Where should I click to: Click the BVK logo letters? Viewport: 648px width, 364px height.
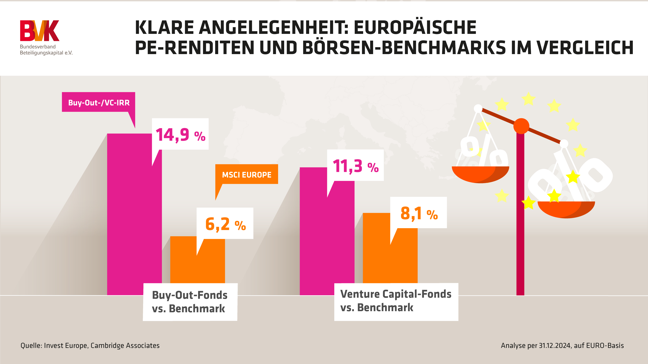pyautogui.click(x=39, y=31)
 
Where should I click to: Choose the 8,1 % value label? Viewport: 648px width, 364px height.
pyautogui.click(x=418, y=213)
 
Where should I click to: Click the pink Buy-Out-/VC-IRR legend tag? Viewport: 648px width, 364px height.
pyautogui.click(x=99, y=102)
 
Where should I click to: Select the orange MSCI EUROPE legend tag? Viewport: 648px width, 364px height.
pyautogui.click(x=247, y=174)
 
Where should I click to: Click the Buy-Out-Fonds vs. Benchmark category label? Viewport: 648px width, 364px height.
pyautogui.click(x=190, y=302)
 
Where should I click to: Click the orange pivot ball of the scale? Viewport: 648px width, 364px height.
pyautogui.click(x=521, y=126)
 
